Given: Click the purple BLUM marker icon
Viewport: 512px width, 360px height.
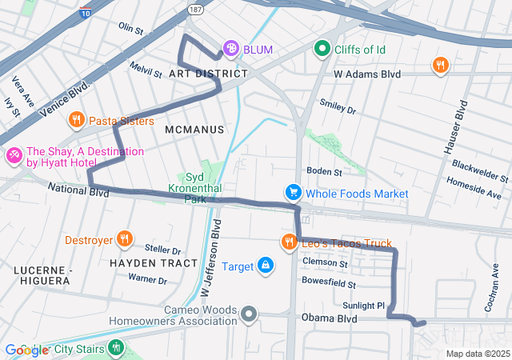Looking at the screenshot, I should coord(231,50).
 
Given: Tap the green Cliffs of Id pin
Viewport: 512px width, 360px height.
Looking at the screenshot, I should coord(322,50).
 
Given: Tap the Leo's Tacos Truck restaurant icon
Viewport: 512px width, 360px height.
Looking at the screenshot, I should coord(289,242).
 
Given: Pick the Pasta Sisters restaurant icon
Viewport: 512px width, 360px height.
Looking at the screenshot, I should coord(77,121).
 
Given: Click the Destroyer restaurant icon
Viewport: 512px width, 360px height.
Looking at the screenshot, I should coord(124,238).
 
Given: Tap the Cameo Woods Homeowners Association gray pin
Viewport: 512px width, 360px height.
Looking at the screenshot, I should coord(249,314).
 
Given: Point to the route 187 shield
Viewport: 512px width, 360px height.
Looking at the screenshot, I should coord(195,7).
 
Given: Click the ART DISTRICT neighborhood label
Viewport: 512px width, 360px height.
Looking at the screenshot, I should coord(208,74).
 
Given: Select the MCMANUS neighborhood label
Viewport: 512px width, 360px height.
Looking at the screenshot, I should coord(195,129).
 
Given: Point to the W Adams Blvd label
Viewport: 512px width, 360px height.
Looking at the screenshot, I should coord(366,74).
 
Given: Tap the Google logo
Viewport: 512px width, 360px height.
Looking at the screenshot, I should coord(26,350).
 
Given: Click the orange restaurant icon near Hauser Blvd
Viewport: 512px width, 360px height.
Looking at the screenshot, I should coord(439,66).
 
